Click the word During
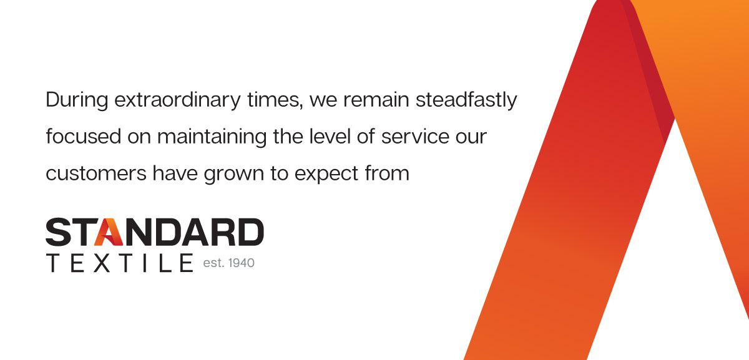coord(77,100)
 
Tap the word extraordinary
coord(177,100)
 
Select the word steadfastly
coord(466,100)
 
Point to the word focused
coord(83,137)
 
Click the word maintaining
coord(212,137)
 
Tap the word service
coord(415,137)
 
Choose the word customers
coord(96,173)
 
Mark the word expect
coord(326,174)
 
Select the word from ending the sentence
coord(387,173)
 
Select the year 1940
coord(242,263)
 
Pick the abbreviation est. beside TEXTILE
coord(213,263)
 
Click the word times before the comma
coord(272,100)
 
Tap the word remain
coord(376,100)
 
